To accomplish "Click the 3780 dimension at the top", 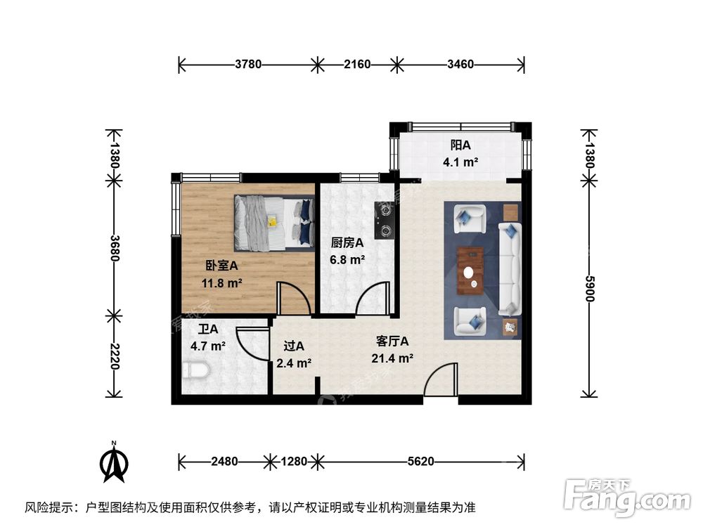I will coord(248,65).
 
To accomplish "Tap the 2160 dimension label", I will coord(357,65).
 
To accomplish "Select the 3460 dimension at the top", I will coord(460,65).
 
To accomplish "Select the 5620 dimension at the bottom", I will coord(421,462).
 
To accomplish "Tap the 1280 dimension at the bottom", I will coord(294,462).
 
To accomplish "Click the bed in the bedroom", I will coord(273,223).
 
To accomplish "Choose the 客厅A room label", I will coord(392,341).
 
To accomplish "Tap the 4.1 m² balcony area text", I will coord(460,162).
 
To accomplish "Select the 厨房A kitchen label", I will coord(347,242).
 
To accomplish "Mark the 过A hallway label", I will coord(294,346).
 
